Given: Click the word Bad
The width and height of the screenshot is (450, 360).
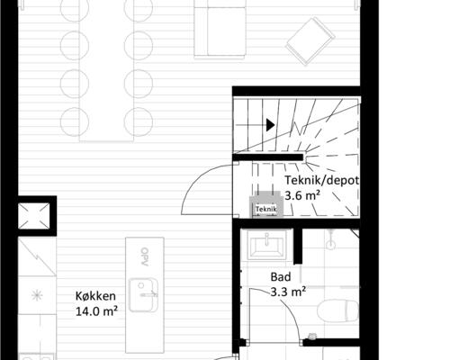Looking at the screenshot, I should click(281, 277).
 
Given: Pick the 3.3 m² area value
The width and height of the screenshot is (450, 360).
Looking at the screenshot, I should click(288, 292).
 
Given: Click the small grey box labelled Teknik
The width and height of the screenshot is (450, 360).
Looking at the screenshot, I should click(266, 207).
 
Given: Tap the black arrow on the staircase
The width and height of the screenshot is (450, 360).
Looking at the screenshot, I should click(269, 126).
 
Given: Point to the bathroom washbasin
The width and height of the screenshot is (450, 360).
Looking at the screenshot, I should click(268, 244).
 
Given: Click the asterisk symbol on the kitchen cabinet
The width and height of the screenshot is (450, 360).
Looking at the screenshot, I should click(36, 295).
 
